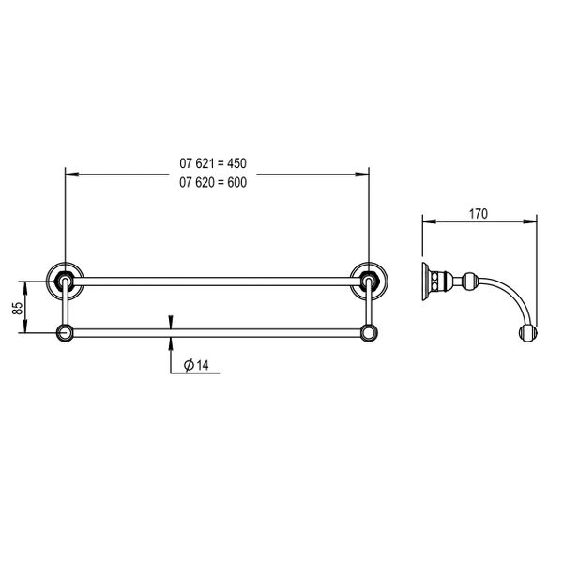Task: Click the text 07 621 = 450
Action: click(213, 163)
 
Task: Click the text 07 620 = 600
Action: click(213, 182)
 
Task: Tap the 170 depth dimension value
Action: click(479, 214)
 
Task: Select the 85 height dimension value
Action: click(17, 308)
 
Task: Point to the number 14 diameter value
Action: click(203, 366)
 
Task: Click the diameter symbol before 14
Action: click(189, 366)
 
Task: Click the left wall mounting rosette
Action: click(65, 281)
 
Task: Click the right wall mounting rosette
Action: click(369, 281)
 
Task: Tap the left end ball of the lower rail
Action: click(65, 333)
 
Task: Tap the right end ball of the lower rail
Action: click(369, 333)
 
